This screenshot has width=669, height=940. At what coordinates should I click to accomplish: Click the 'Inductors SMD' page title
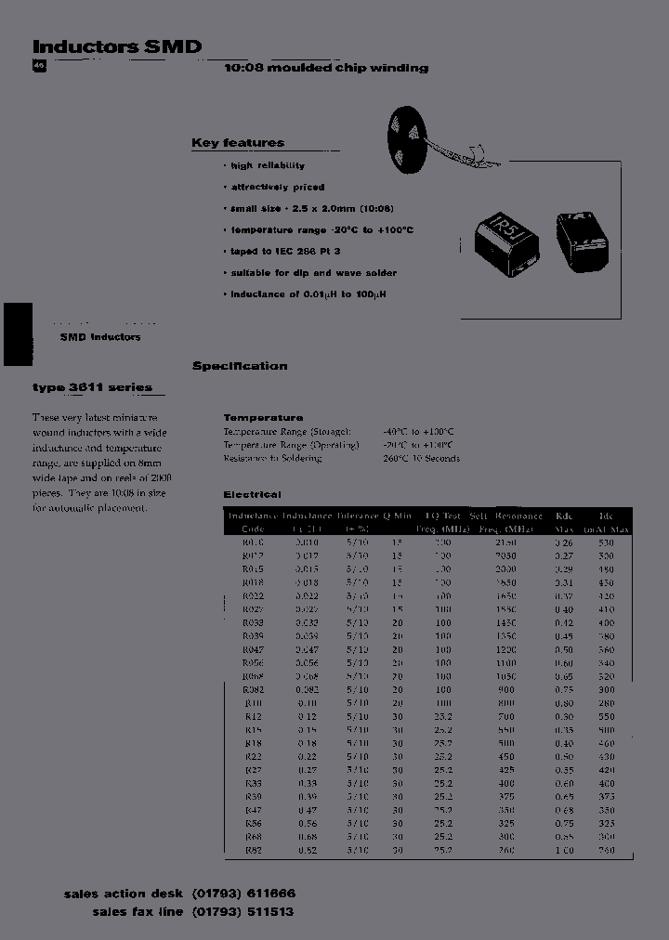click(x=117, y=46)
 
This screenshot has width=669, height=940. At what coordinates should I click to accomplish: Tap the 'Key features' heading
click(x=238, y=143)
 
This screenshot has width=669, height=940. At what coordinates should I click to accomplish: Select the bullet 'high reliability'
click(x=268, y=165)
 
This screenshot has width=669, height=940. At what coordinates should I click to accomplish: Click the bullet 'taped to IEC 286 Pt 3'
click(x=285, y=251)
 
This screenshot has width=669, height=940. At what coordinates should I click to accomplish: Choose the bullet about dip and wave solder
click(x=313, y=273)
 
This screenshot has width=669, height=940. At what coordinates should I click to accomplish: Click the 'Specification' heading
click(x=240, y=366)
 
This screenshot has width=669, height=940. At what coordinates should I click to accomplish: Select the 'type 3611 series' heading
click(x=92, y=387)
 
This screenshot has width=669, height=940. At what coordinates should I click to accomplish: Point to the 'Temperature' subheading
click(x=263, y=418)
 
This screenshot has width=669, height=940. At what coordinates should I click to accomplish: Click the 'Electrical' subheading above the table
click(x=252, y=495)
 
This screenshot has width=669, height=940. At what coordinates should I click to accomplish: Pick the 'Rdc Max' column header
click(x=563, y=522)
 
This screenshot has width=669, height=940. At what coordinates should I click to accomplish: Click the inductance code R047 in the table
click(x=253, y=650)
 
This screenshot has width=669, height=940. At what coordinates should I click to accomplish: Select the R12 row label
click(x=253, y=717)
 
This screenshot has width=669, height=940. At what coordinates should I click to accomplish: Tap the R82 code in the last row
click(x=253, y=851)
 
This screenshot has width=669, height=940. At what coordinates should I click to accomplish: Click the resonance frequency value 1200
click(x=505, y=650)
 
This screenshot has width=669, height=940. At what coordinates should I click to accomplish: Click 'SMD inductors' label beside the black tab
click(x=100, y=337)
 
